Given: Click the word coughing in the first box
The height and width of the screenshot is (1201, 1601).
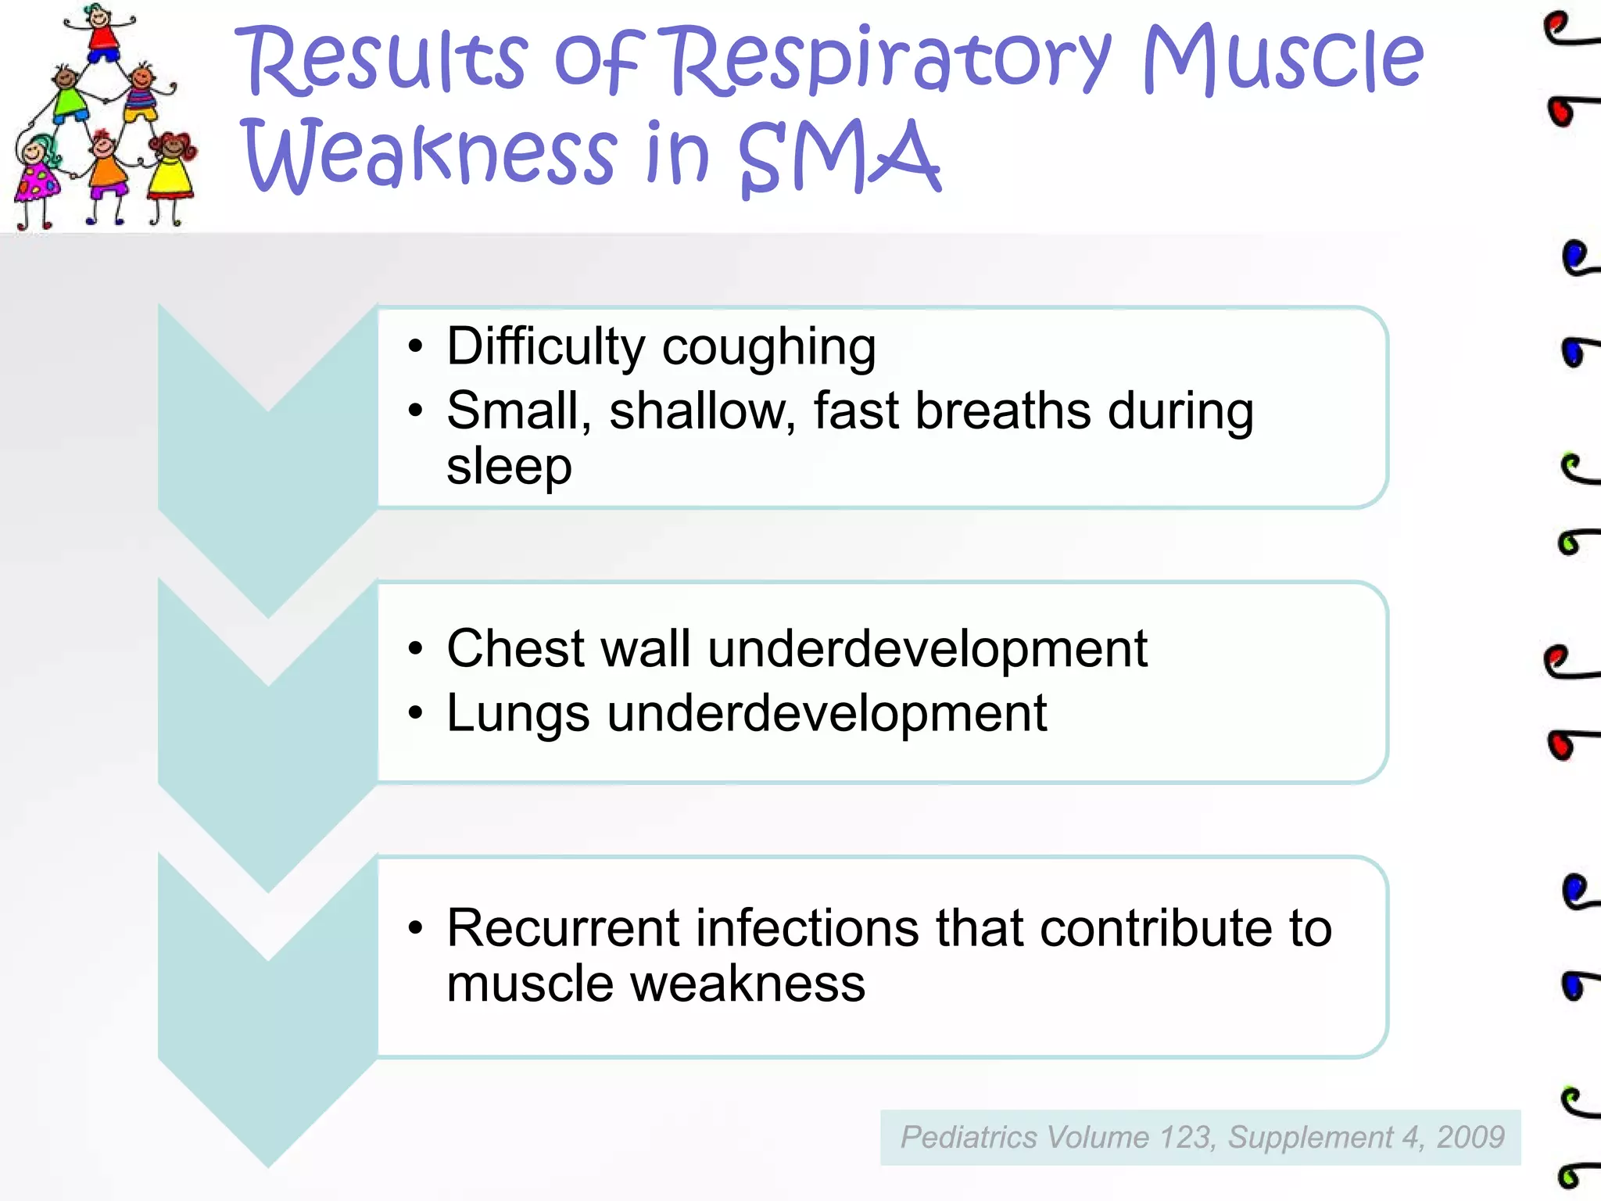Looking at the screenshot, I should [769, 347].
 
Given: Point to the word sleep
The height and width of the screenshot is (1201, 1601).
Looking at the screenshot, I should [509, 468].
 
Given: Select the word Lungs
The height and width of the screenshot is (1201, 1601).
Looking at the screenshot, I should [518, 715].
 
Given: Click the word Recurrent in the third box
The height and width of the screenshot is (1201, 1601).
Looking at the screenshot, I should [563, 929].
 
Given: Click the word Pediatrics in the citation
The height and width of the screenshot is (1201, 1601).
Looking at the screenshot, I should [969, 1138].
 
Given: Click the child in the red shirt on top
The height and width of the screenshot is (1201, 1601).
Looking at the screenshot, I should [102, 35].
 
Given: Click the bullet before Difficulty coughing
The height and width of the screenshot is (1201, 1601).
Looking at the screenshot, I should [416, 346].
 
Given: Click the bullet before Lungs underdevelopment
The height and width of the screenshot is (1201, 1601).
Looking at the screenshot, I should [416, 713].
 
